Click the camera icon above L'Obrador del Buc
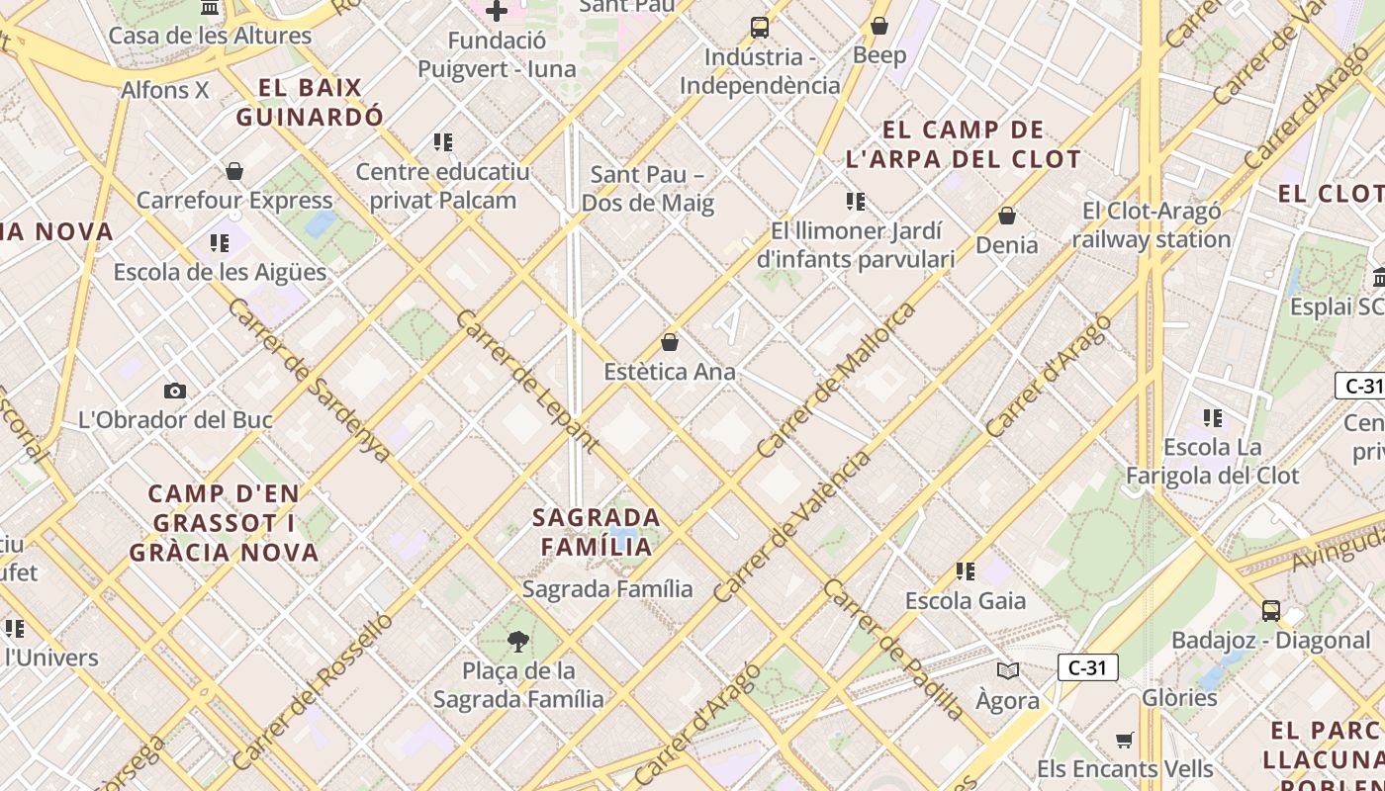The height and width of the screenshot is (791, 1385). pos(175,391)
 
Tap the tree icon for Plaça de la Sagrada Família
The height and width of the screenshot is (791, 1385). pos(517,642)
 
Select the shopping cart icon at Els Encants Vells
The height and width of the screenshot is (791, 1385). pos(1125,740)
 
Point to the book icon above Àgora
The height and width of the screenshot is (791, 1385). pos(1008,671)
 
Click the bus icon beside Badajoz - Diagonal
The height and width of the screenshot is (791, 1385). pos(1271,611)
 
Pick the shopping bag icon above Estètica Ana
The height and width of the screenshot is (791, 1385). pos(670,343)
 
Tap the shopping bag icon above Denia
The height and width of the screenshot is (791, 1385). pos(1007,216)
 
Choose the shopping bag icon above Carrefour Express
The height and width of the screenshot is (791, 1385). pos(234,171)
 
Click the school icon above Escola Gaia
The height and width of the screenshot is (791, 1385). pos(966,571)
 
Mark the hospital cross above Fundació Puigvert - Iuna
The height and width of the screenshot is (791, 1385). pos(497,12)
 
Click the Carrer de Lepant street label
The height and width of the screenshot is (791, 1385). pos(527,381)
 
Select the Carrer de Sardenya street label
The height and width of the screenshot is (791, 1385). pos(310,379)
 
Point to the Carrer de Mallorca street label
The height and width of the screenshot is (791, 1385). pos(836,381)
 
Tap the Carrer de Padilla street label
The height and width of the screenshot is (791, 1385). pos(893,649)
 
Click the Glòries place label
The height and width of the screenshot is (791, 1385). pos(1179,697)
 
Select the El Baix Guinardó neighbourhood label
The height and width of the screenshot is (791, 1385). pos(310,102)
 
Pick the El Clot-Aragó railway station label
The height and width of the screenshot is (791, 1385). pos(1152,225)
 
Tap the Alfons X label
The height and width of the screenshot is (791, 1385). pos(165,90)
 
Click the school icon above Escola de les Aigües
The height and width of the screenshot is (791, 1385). pos(220,242)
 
